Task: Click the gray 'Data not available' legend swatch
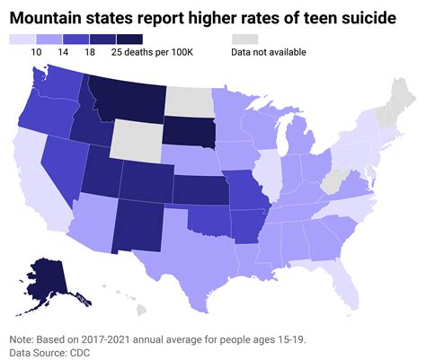click(244, 40)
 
